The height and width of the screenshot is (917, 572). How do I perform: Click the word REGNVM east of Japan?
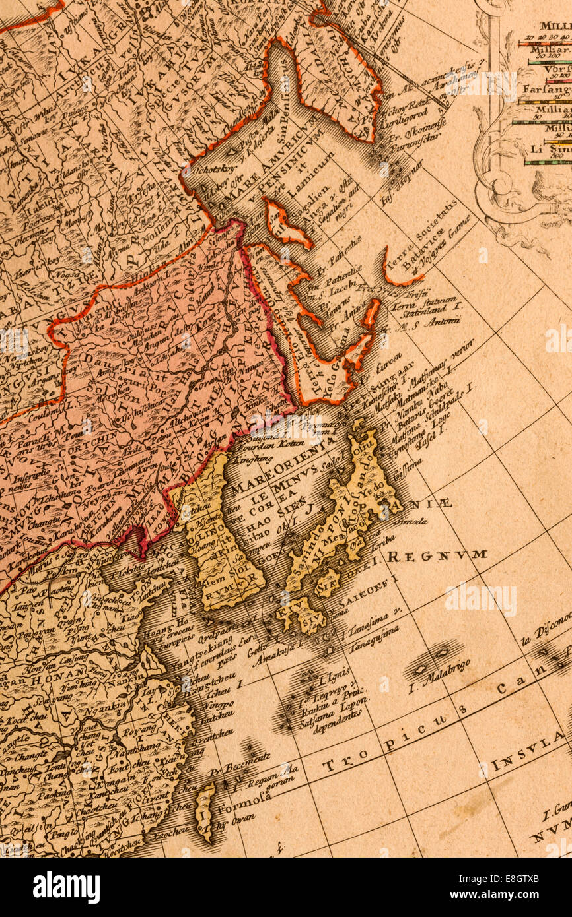437,555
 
